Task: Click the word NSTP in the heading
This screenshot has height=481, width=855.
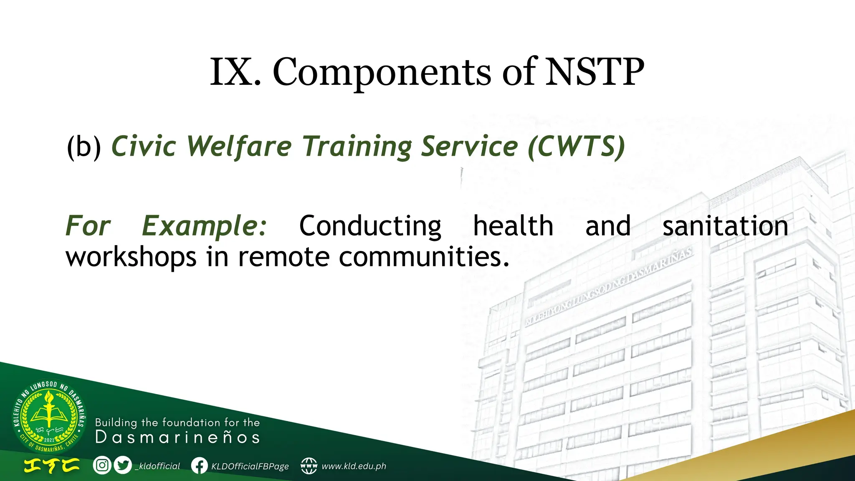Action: (594, 72)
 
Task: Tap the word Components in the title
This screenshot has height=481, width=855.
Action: (382, 73)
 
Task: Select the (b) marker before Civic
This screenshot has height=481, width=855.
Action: (84, 147)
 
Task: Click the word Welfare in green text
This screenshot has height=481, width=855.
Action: (239, 147)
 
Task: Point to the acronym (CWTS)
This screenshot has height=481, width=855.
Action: (576, 147)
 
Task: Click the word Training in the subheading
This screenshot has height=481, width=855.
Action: (357, 147)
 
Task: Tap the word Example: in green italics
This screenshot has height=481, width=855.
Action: (204, 226)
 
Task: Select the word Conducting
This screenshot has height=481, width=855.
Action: (370, 226)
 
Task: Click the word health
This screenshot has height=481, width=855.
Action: (513, 226)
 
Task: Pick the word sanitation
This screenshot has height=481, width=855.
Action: (725, 226)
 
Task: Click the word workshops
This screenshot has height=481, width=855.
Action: (131, 256)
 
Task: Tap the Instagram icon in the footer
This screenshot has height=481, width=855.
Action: (102, 465)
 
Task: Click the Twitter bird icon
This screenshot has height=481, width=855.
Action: (123, 465)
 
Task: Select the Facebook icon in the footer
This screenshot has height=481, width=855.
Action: (200, 466)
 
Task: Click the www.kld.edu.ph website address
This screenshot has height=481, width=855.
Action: (354, 466)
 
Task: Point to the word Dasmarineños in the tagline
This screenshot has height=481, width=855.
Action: (177, 438)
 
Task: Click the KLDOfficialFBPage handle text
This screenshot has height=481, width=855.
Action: (250, 466)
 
